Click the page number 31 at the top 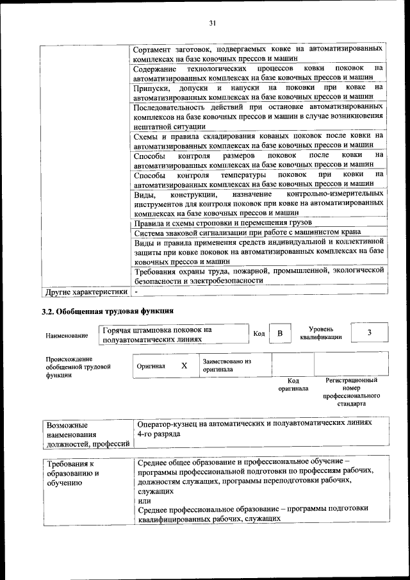(213, 24)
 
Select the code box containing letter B (279, 334)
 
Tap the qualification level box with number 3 (370, 333)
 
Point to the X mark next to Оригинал (184, 365)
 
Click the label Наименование (67, 336)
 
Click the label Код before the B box (259, 334)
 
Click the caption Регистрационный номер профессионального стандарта (352, 392)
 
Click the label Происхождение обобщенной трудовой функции (69, 367)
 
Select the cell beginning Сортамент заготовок (259, 53)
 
